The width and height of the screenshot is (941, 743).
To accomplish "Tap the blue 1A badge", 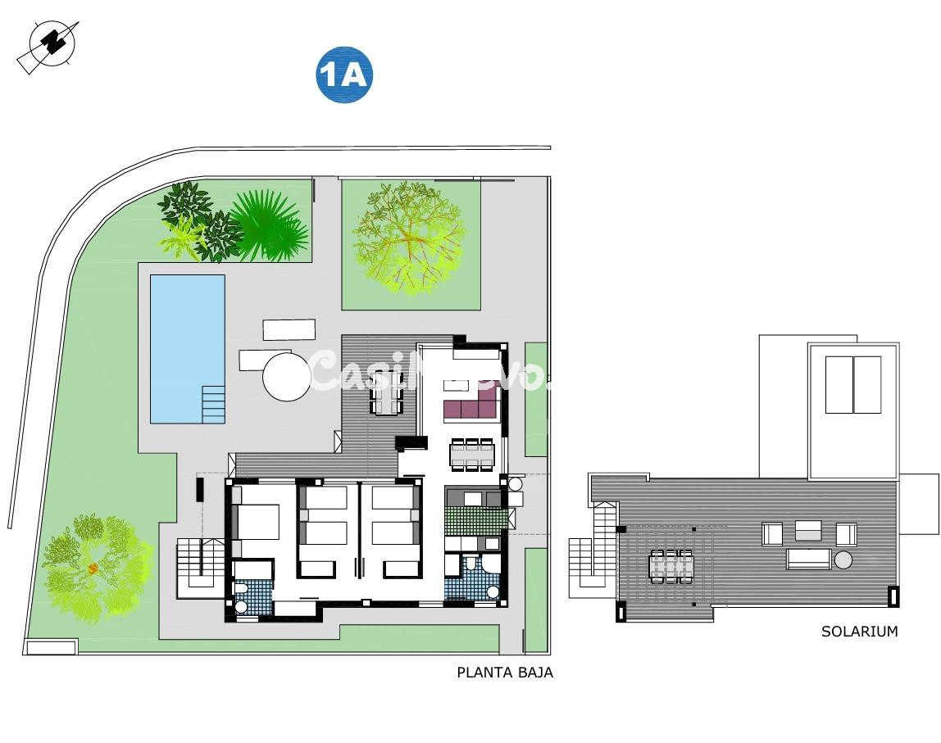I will pyautogui.click(x=344, y=75).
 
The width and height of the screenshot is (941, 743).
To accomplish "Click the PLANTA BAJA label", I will pyautogui.click(x=505, y=673).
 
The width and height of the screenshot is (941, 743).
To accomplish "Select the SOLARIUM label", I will pyautogui.click(x=859, y=632).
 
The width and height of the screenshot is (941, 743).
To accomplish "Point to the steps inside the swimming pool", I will pyautogui.click(x=213, y=404).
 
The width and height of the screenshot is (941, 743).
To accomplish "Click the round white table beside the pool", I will pyautogui.click(x=287, y=376).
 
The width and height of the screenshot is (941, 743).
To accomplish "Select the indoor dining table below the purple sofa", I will pyautogui.click(x=471, y=455).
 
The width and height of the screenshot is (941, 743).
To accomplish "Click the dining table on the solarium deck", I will pyautogui.click(x=671, y=564).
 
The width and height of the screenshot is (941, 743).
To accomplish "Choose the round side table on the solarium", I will pyautogui.click(x=843, y=560).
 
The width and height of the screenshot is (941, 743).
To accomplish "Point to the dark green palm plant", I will pyautogui.click(x=270, y=224).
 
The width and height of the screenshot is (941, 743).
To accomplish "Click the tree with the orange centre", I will pyautogui.click(x=94, y=567).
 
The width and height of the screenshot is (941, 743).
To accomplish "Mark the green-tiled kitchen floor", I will pyautogui.click(x=475, y=521).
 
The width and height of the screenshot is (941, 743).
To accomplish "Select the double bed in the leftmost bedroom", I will pyautogui.click(x=257, y=521).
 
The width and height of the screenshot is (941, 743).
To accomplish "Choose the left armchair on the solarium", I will pyautogui.click(x=773, y=534).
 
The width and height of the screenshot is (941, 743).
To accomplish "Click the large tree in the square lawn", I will pyautogui.click(x=407, y=238).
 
